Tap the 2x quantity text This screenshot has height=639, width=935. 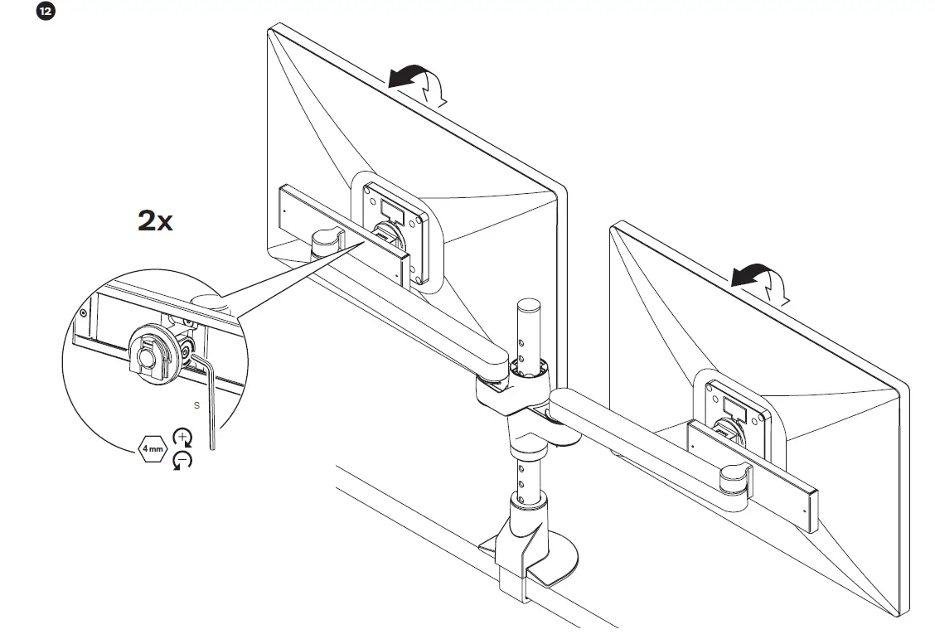[x=154, y=221]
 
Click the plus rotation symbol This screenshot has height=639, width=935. [x=181, y=438]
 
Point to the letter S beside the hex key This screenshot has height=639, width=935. [x=196, y=405]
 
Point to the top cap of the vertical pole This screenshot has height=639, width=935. [x=528, y=304]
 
